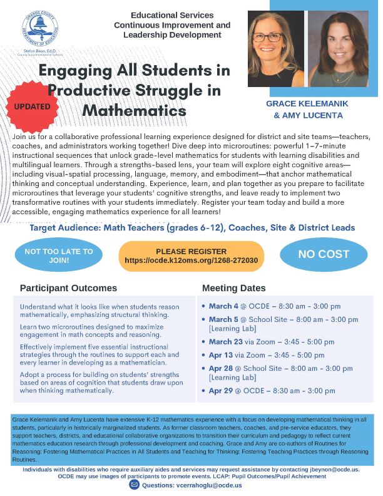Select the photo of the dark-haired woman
coord(338,49)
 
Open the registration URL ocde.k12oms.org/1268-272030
coord(191,260)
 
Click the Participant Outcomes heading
coord(68,288)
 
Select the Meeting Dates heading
coord(233,288)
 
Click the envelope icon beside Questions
coord(133,485)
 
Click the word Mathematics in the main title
coord(135,111)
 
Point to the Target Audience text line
coord(192,228)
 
